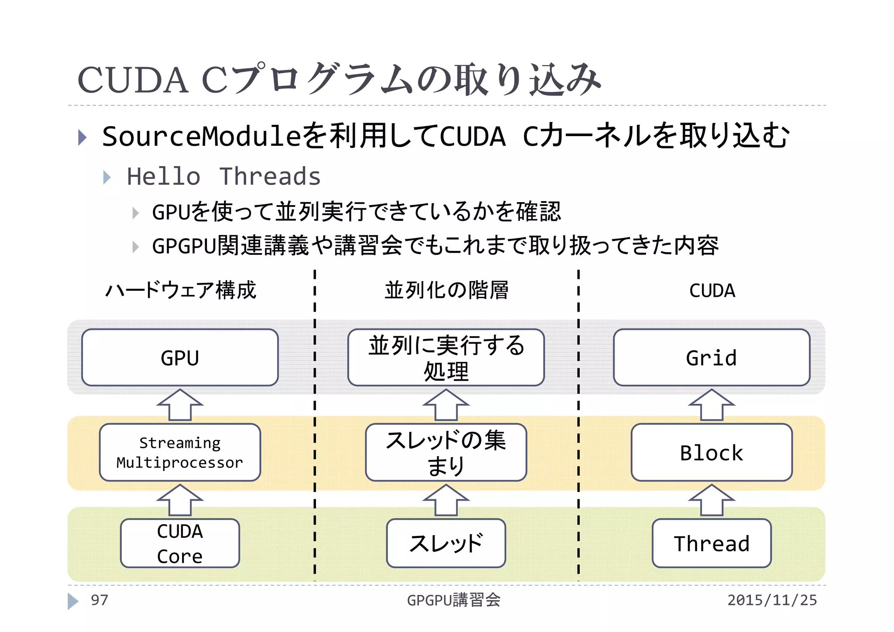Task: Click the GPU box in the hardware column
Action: point(180,357)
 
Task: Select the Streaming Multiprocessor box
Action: point(180,453)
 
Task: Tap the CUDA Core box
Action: point(180,543)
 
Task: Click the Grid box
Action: point(712,357)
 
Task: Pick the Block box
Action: point(712,453)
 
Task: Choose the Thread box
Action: point(712,543)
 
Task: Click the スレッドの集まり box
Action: point(446,453)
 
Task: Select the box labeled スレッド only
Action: point(446,543)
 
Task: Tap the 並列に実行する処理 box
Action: point(446,357)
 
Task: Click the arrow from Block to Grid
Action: point(712,405)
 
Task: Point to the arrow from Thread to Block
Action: point(712,500)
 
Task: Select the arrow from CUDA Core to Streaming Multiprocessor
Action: point(180,500)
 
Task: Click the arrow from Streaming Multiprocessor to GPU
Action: point(180,405)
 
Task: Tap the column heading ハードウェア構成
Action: point(181,290)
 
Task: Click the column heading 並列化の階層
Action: point(446,290)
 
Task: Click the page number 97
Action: point(99,600)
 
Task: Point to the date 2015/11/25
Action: point(772,600)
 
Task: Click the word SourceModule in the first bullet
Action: point(201,136)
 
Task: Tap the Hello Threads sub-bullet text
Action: point(223,177)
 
